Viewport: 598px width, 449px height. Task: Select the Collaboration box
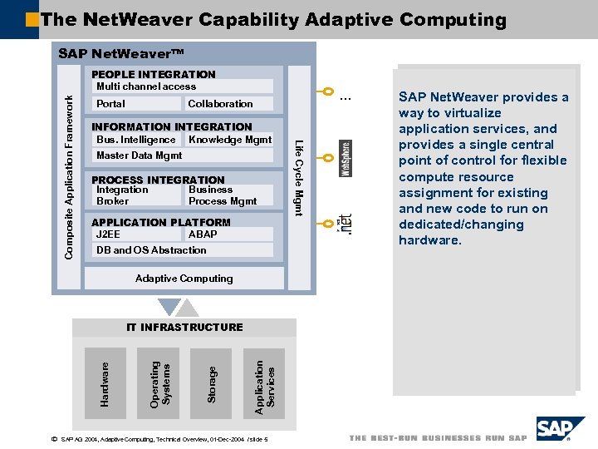(x=228, y=104)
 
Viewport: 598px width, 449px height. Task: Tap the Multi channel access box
(x=182, y=86)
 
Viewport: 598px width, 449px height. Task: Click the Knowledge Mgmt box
(x=229, y=140)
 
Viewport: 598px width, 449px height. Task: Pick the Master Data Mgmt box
(x=182, y=155)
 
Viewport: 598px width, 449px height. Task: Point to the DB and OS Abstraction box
(x=182, y=250)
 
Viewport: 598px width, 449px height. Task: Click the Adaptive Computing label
(x=184, y=279)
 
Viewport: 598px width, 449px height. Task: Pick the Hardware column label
(x=104, y=383)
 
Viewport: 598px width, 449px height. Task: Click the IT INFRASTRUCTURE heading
(x=184, y=328)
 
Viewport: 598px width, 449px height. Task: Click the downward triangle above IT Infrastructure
(x=169, y=308)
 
